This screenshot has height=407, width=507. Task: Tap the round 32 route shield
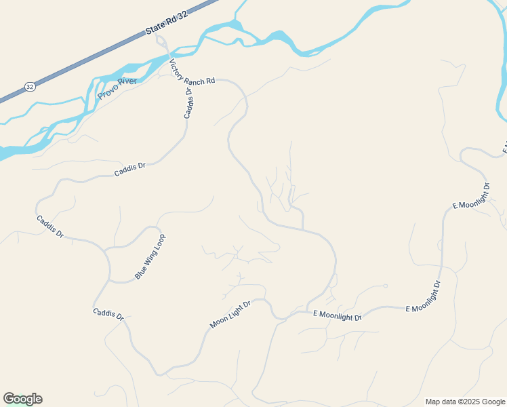coord(29,86)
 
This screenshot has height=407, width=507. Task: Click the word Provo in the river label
coord(107,91)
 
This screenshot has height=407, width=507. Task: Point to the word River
coord(127,81)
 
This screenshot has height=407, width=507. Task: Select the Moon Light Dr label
coord(230,315)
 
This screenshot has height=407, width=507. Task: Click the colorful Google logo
coord(22,399)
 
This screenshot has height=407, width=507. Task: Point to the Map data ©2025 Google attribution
coord(465,402)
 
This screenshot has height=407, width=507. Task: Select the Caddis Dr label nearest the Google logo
coord(108,315)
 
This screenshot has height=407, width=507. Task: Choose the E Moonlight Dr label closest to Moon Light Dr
coord(337,316)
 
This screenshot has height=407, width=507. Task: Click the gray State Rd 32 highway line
coord(102,52)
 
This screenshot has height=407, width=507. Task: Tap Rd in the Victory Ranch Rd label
coord(211,81)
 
